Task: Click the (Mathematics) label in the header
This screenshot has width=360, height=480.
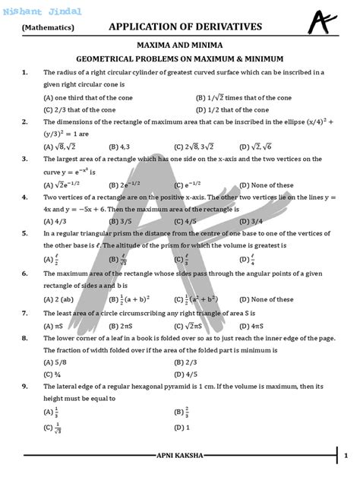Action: [48, 27]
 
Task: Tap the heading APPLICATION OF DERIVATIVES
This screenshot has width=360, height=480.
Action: [185, 27]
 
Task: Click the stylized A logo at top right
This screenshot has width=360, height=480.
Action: [323, 21]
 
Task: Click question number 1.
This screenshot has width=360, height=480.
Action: [25, 72]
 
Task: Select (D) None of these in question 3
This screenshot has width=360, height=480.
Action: [266, 185]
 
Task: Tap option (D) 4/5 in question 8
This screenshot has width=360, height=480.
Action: [206, 374]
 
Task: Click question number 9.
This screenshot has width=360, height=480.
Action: [25, 386]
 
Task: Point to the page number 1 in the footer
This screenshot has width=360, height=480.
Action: [344, 456]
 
